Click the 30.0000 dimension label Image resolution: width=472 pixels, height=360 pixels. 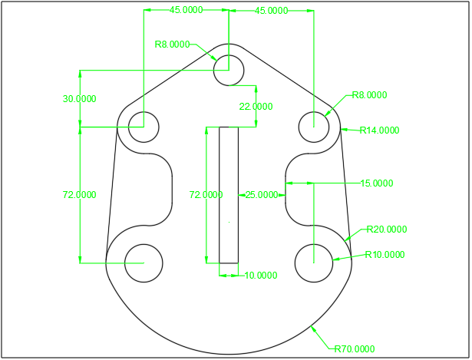80,98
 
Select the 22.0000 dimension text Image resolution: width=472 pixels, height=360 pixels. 256,107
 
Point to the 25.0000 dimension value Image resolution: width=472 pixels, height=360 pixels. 262,195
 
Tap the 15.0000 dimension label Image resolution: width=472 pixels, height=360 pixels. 377,183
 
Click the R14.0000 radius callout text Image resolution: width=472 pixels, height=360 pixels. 379,130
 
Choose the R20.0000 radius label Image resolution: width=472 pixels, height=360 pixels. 387,230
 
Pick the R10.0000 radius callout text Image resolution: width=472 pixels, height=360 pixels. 385,255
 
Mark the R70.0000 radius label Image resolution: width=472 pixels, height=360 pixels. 355,349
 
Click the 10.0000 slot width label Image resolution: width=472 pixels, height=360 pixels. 261,275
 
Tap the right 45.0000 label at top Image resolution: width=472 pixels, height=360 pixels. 272,11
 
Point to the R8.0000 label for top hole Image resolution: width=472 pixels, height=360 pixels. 172,45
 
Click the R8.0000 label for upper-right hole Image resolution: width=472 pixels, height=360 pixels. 369,96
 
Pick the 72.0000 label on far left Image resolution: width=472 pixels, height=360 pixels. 80,195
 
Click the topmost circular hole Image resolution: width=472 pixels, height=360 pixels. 229,70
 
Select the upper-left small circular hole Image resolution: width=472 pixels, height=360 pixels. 144,127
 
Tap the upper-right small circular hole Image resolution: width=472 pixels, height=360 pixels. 314,127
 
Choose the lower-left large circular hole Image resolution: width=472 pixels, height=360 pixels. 144,263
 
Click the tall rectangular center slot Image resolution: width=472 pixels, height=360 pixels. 229,195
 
